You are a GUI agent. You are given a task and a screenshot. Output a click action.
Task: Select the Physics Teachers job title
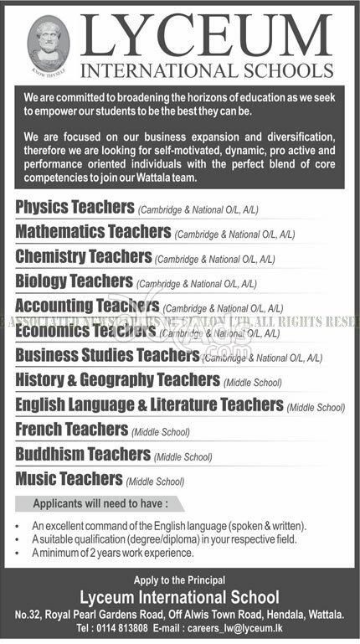point(75,205)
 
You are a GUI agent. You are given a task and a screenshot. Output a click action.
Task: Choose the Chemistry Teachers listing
point(84,256)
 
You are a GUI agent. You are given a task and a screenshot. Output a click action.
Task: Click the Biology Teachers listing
point(75,281)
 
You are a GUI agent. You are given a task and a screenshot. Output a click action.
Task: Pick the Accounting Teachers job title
point(88,307)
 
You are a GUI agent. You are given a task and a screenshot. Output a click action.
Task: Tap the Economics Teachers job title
point(86,331)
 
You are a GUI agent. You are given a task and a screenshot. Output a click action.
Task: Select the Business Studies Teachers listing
point(107,356)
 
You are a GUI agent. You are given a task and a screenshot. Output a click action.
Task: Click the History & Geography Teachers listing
point(117,380)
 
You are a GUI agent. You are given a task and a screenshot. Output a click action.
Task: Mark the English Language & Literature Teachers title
point(149,405)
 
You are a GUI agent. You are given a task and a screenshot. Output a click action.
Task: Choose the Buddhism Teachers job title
point(83,455)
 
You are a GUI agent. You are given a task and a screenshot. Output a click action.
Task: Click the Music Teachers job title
point(69,479)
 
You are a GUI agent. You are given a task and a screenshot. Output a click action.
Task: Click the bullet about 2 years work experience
point(114,553)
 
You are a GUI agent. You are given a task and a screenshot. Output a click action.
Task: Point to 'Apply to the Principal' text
point(179,580)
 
